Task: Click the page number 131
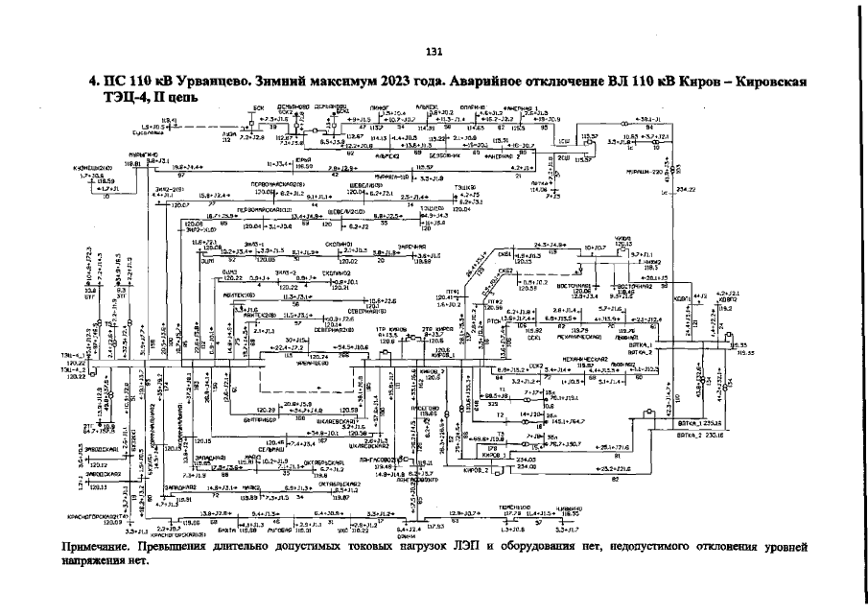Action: point(434,51)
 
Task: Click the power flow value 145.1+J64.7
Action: point(567,419)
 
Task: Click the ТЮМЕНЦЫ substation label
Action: point(515,506)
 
